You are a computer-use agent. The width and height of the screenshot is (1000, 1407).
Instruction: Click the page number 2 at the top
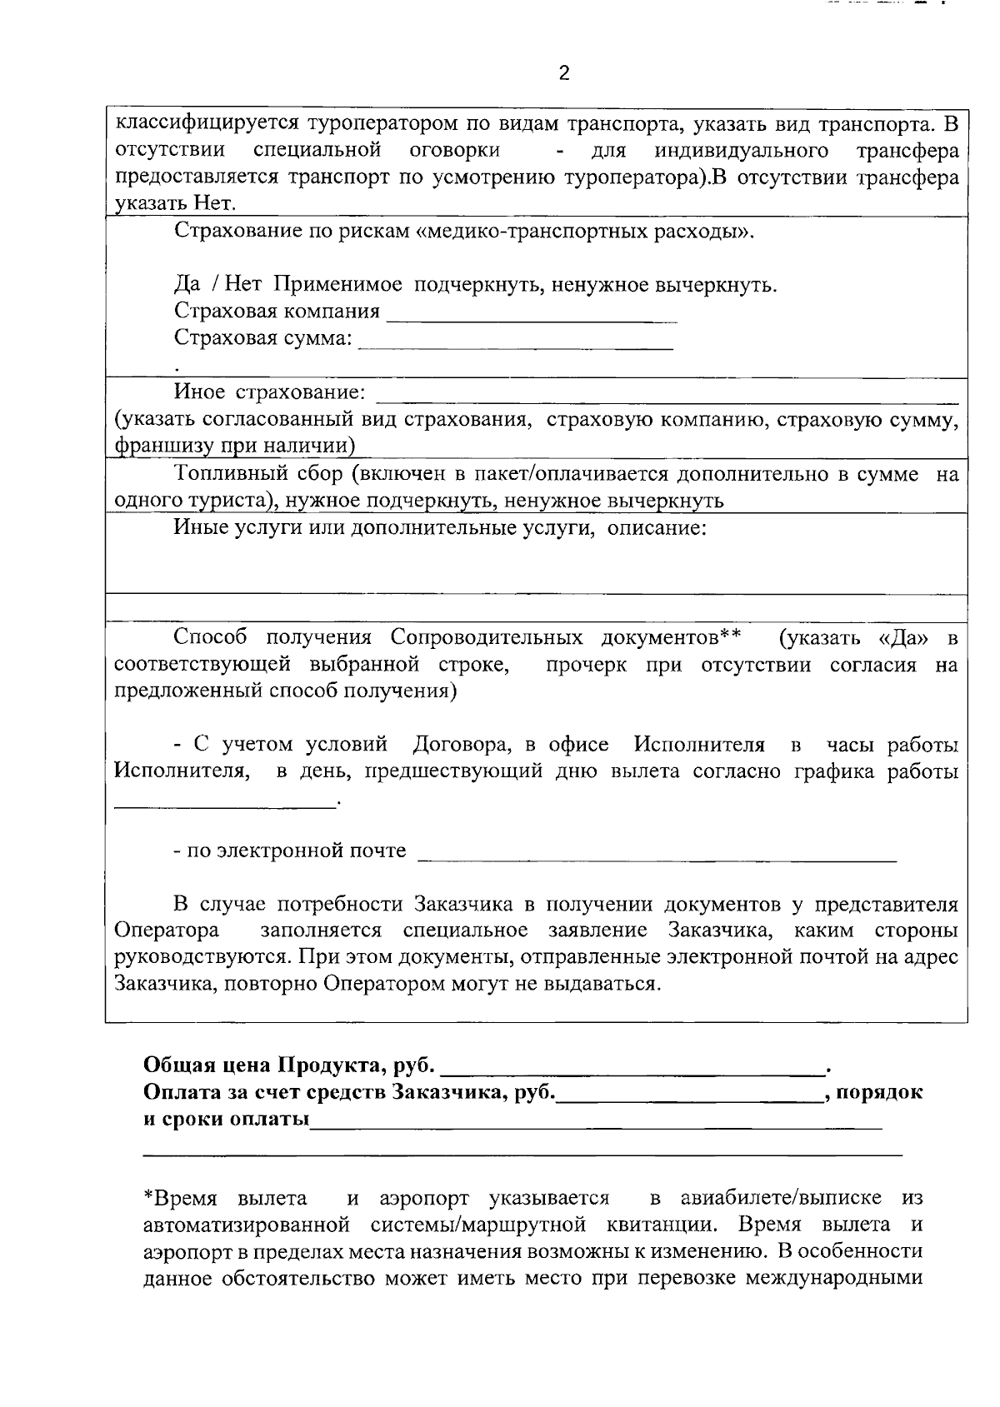click(x=564, y=73)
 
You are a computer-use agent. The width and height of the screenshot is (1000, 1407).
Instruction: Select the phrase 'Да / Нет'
click(x=217, y=285)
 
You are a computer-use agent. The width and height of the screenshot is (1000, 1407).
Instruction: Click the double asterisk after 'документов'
click(x=731, y=637)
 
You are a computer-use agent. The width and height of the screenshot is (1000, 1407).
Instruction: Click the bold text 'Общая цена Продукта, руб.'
click(x=289, y=1065)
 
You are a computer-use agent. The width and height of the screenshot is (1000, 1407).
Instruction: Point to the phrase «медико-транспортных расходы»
click(x=583, y=231)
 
